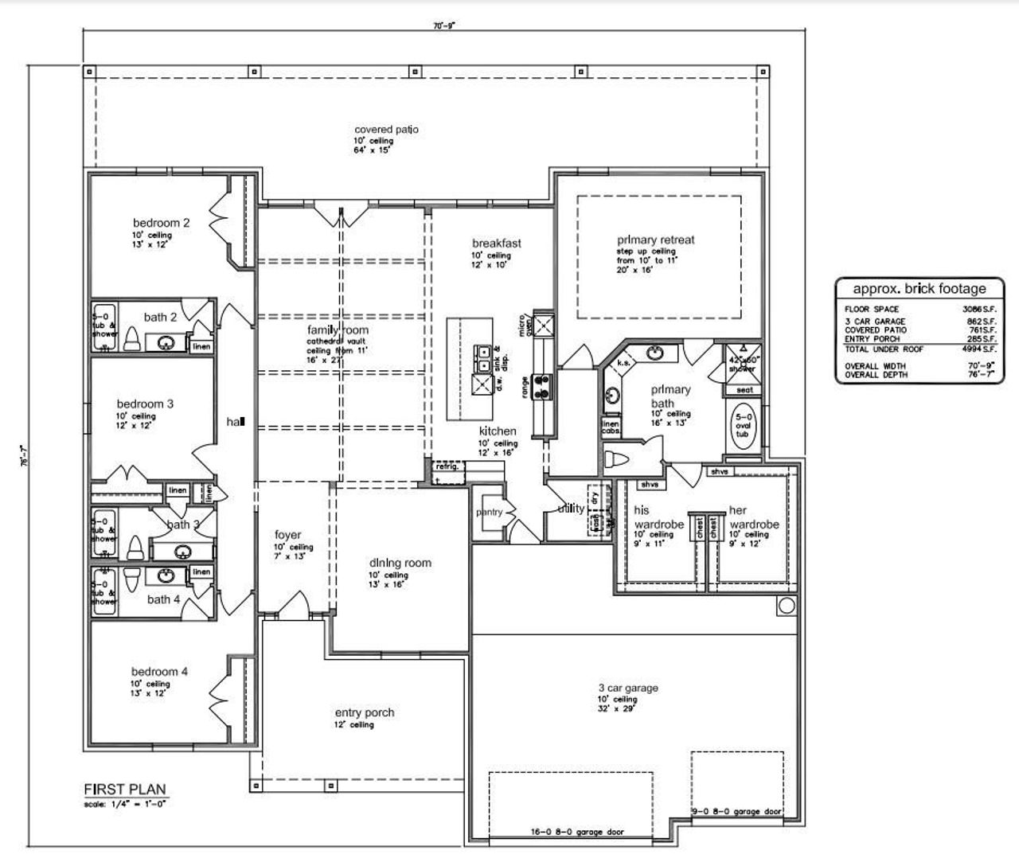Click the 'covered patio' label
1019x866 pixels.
click(386, 130)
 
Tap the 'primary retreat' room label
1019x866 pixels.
click(655, 240)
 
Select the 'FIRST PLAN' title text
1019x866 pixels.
click(125, 790)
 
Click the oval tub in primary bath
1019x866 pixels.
click(743, 428)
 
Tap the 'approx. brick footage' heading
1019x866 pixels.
click(919, 289)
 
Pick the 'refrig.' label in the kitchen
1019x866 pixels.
click(447, 466)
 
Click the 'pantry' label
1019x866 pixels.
click(489, 512)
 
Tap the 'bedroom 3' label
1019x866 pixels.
click(145, 404)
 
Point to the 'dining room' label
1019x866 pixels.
click(400, 563)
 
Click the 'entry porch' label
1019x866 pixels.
click(364, 712)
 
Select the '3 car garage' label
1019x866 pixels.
click(628, 688)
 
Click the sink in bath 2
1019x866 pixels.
click(166, 343)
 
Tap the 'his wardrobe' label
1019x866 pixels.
click(658, 517)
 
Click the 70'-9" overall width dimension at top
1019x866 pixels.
click(443, 25)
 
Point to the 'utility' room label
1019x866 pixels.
click(571, 508)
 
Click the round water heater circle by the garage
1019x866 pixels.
click(786, 607)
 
